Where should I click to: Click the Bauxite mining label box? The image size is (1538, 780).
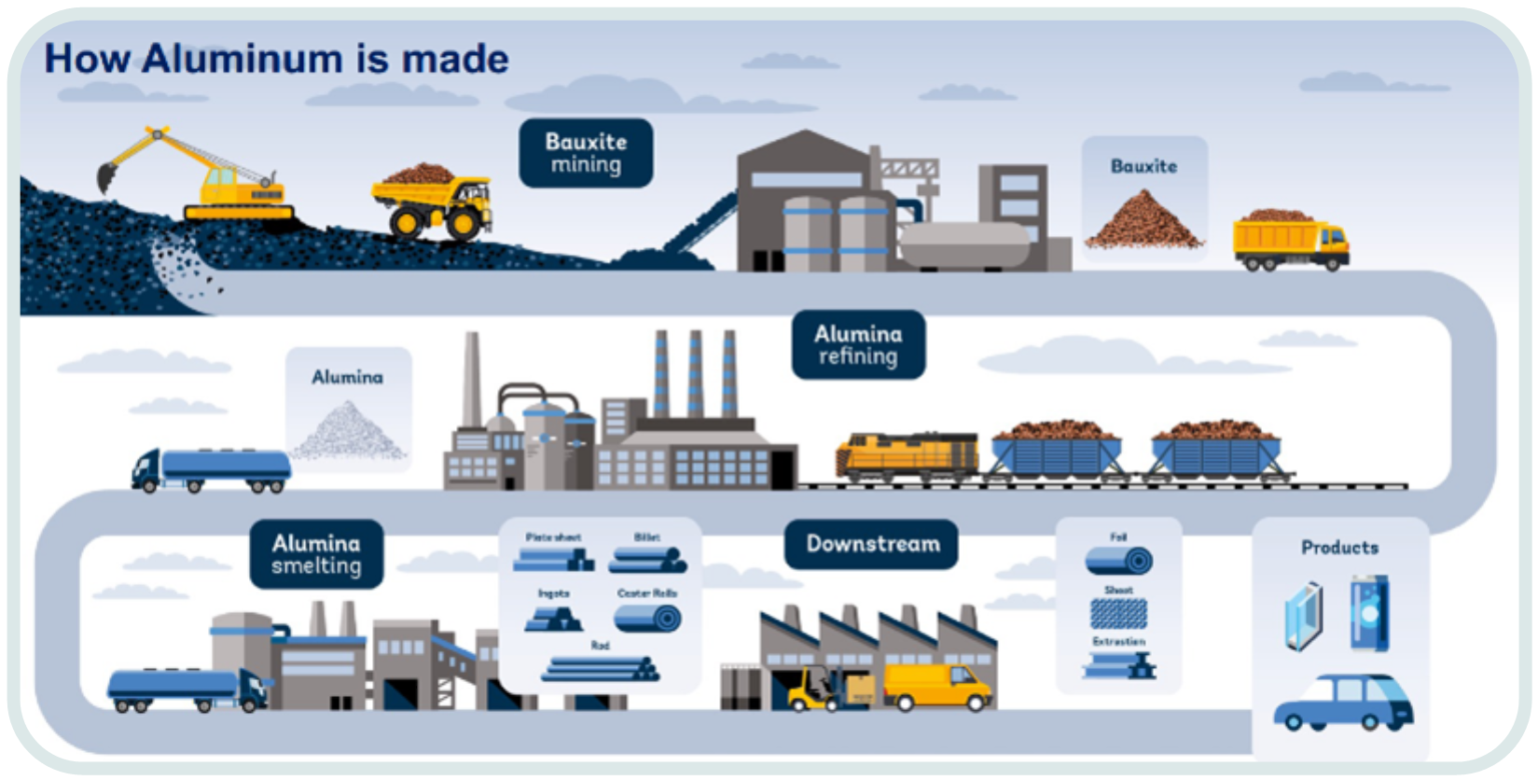coord(586,153)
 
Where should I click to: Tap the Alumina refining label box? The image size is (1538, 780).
coord(858,345)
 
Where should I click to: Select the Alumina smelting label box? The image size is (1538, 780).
coord(316,554)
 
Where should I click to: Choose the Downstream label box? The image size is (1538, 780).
coord(872,544)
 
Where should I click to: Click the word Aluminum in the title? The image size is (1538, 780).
coord(242,59)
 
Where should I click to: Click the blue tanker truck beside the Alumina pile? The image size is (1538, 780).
coord(213,469)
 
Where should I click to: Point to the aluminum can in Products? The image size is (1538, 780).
coord(1369,613)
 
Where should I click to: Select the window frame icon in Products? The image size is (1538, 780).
coord(1303,616)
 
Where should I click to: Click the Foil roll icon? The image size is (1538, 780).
coord(1119,560)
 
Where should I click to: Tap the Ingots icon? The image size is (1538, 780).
coord(553,618)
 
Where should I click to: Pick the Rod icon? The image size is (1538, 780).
coord(601,668)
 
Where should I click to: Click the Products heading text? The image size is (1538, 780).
coord(1339,548)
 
